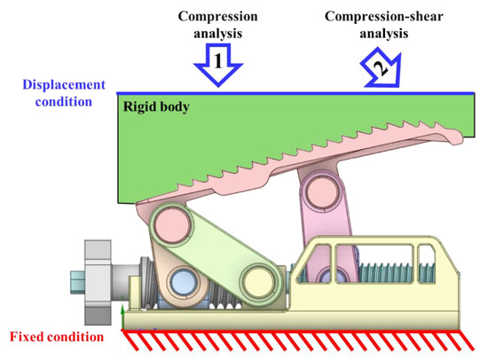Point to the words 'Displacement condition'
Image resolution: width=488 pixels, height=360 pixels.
(x=52, y=92)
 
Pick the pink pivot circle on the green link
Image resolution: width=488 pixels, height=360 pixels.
(x=167, y=222)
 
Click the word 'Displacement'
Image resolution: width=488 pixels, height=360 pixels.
(x=52, y=85)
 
